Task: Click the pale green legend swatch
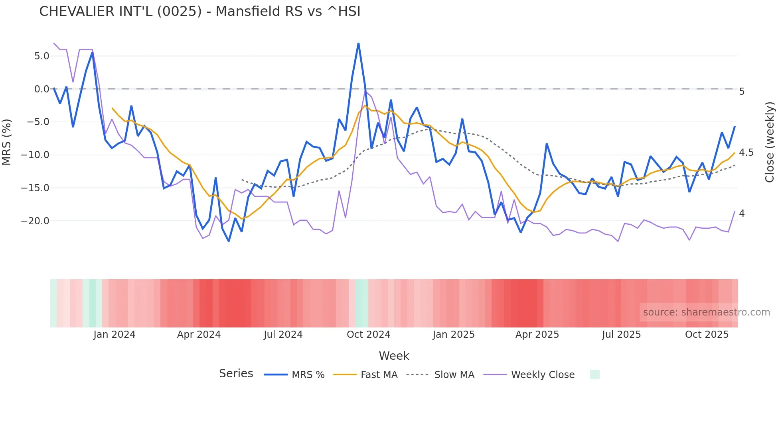tap(594, 374)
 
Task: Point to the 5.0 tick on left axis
tap(41, 56)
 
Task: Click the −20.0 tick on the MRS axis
tap(35, 221)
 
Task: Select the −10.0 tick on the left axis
tap(35, 155)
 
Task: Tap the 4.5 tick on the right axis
tap(746, 153)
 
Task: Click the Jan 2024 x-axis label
tap(115, 335)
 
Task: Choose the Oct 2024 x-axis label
tap(368, 335)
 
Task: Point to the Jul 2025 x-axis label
tap(621, 335)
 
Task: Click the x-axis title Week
tap(394, 356)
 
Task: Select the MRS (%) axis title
tap(7, 142)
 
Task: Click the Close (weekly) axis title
tap(770, 142)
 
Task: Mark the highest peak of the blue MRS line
tap(358, 43)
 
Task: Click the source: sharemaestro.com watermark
tap(706, 312)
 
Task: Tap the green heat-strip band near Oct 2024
tap(361, 303)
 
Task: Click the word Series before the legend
tap(236, 374)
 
